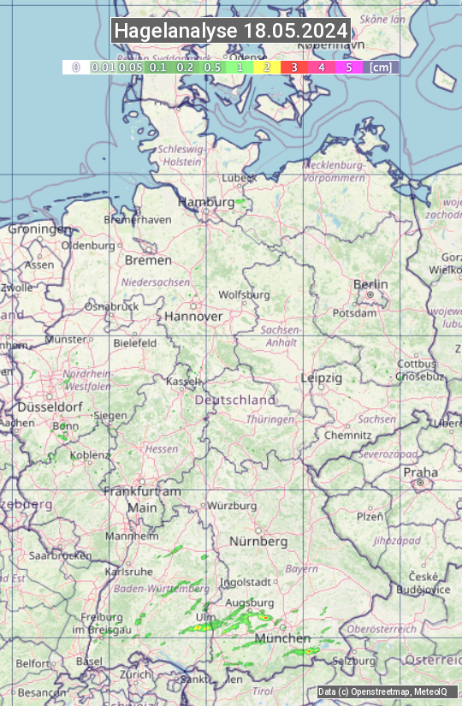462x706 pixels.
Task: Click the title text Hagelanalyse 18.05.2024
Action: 231,31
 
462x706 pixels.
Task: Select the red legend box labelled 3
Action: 293,66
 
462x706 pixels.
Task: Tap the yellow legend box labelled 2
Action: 267,66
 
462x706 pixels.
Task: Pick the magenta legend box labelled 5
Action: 348,66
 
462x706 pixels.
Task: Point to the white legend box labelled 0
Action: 75,66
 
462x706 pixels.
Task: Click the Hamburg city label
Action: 205,202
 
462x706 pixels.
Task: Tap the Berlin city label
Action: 370,284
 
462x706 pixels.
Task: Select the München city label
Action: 282,638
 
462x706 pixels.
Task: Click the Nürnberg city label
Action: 258,542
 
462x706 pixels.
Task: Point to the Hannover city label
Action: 193,316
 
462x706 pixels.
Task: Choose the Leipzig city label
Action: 322,377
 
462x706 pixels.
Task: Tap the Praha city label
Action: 420,472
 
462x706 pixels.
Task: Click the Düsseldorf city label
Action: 36,407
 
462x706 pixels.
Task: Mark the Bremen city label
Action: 148,260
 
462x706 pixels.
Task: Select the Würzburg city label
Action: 232,506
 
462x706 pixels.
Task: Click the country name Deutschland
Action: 235,400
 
